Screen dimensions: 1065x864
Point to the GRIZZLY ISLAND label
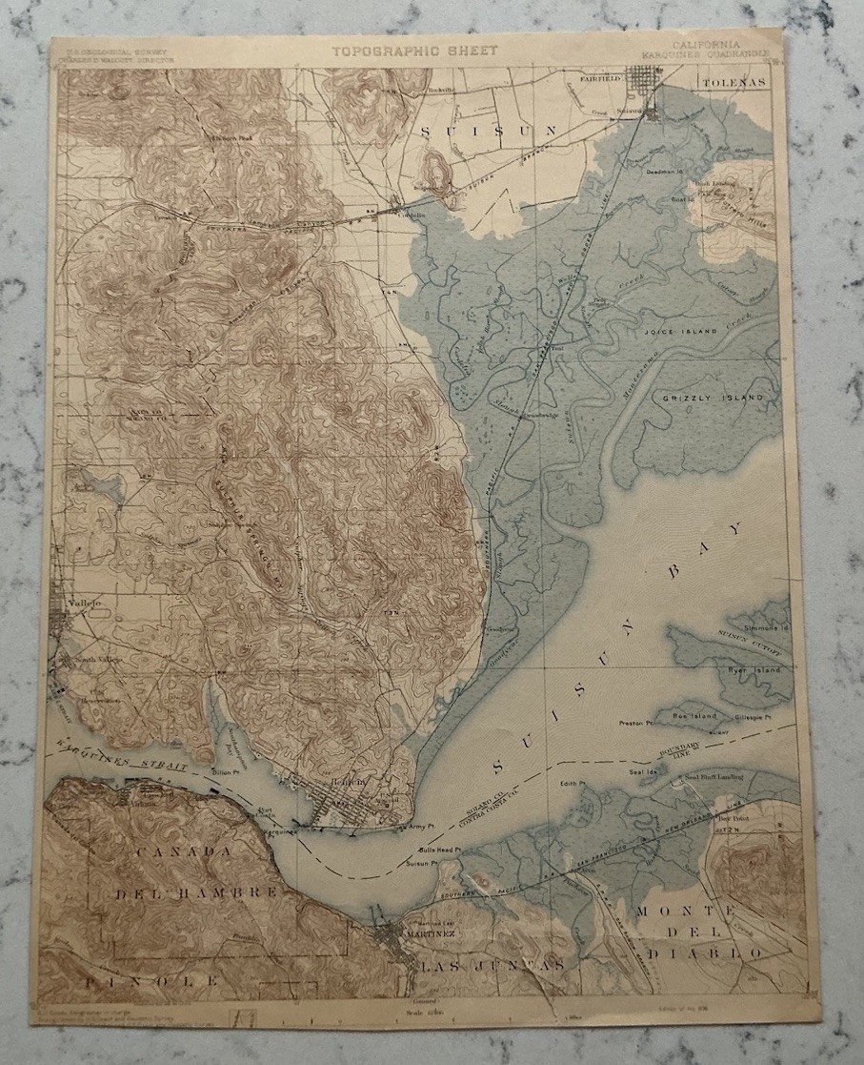click(x=707, y=394)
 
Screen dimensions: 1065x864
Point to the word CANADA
click(x=170, y=850)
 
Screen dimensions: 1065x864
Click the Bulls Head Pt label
click(x=439, y=850)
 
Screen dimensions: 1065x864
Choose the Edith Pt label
click(x=573, y=786)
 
